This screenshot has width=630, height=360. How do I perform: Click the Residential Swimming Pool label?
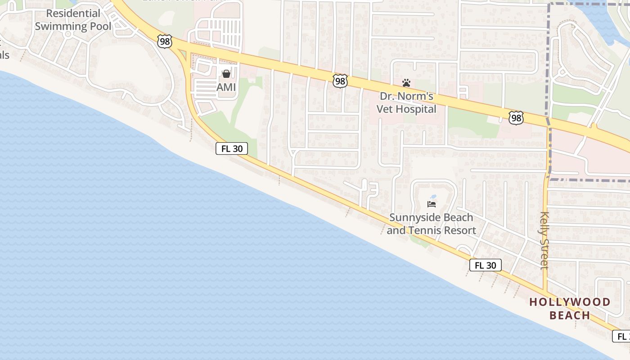tap(72, 20)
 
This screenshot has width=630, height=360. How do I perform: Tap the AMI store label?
tap(226, 87)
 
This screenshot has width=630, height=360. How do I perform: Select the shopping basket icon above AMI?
tap(226, 73)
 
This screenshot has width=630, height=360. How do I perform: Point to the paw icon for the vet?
tap(406, 83)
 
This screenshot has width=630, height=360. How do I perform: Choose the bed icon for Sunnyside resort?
tap(432, 204)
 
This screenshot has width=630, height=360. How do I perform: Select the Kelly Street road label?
tap(544, 240)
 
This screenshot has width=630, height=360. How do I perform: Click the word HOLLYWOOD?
tap(570, 302)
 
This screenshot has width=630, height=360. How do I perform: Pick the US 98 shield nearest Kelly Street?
tap(516, 118)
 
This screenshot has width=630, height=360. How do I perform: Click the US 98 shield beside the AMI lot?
tap(164, 41)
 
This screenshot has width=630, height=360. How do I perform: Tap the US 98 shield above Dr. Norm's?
tap(340, 81)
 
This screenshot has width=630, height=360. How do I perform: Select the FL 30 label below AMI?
tap(232, 148)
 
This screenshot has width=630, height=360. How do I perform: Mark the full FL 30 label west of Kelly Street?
tap(486, 265)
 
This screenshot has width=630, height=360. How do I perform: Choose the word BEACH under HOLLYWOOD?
tap(570, 315)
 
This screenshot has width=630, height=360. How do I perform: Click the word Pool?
tap(100, 26)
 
